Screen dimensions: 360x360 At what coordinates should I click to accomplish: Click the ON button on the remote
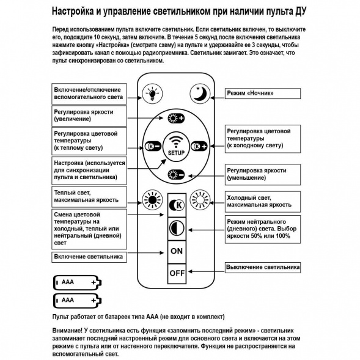point(177,251)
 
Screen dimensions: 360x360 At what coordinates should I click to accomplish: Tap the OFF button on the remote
point(177,273)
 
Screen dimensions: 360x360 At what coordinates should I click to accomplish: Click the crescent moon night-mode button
point(198,93)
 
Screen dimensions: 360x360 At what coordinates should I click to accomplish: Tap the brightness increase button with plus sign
point(176,119)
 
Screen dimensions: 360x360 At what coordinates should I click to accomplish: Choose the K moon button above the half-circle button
point(177,204)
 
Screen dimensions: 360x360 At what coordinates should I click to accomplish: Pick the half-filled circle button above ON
point(177,228)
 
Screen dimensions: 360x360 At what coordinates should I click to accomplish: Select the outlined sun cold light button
point(200,199)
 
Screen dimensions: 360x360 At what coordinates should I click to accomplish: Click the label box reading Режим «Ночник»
point(262,94)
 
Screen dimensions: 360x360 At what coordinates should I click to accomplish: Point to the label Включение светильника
point(89,256)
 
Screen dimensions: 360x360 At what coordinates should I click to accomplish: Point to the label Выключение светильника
point(262,267)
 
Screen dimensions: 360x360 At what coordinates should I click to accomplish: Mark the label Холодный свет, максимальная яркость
point(262,201)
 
